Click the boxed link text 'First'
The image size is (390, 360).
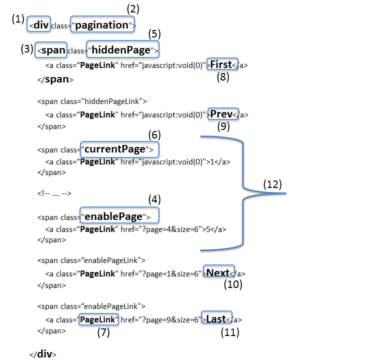pyautogui.click(x=221, y=64)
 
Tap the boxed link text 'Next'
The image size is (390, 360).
pyautogui.click(x=218, y=272)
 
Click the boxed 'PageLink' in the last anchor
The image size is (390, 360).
pyautogui.click(x=98, y=319)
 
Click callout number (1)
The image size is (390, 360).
pyautogui.click(x=18, y=19)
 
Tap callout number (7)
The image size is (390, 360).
pyautogui.click(x=103, y=333)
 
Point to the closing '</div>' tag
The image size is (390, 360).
pyautogui.click(x=43, y=354)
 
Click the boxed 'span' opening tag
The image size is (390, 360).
pyautogui.click(x=51, y=50)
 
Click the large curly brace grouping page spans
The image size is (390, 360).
pyautogui.click(x=243, y=193)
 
